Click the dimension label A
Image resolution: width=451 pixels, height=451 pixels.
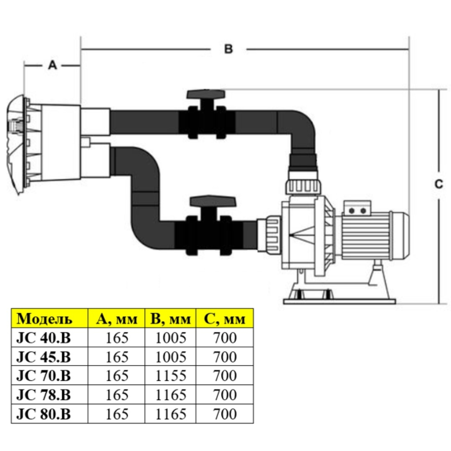pyautogui.click(x=52, y=65)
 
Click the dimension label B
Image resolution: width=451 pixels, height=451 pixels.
pyautogui.click(x=228, y=49)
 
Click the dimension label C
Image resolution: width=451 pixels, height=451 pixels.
pyautogui.click(x=438, y=184)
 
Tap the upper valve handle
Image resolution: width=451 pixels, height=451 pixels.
pyautogui.click(x=206, y=94)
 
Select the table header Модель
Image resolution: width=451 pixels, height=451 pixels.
pyautogui.click(x=45, y=319)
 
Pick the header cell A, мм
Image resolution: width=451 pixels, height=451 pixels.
pyautogui.click(x=117, y=319)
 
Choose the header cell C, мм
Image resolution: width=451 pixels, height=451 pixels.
pyautogui.click(x=225, y=319)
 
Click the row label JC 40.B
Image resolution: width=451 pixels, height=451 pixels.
pyautogui.click(x=43, y=337)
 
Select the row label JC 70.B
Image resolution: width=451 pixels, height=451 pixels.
pyautogui.click(x=43, y=376)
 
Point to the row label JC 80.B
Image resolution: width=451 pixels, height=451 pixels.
pyautogui.click(x=43, y=414)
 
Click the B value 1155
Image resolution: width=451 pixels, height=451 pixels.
pyautogui.click(x=170, y=376)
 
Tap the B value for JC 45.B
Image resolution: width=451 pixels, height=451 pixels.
pyautogui.click(x=170, y=357)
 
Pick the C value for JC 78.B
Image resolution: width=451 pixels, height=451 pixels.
pyautogui.click(x=225, y=395)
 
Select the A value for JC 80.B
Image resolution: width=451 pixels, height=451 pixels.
pyautogui.click(x=117, y=414)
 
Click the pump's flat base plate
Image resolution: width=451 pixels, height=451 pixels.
pyautogui.click(x=338, y=300)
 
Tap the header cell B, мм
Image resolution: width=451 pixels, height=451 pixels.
pyautogui.click(x=170, y=319)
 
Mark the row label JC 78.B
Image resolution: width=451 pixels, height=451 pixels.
pyautogui.click(x=43, y=395)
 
